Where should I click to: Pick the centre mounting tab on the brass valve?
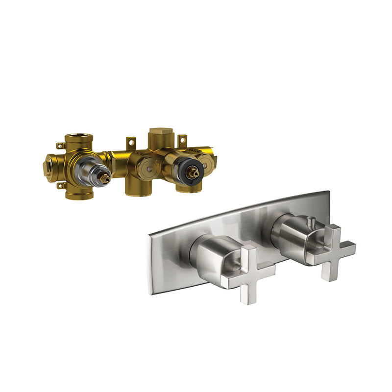pos(130,144)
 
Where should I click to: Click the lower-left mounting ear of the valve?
pos(61,186)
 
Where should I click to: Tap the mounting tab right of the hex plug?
pos(182,141)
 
